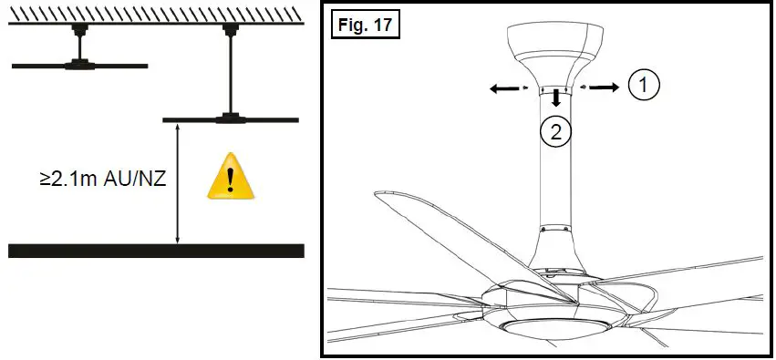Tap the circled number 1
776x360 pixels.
pos(643,86)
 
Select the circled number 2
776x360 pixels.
pos(555,132)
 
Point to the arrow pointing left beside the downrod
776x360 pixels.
pos(501,88)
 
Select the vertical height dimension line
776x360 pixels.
pos(178,182)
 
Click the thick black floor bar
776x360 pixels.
pos(156,251)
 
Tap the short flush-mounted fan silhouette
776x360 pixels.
pos(80,65)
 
